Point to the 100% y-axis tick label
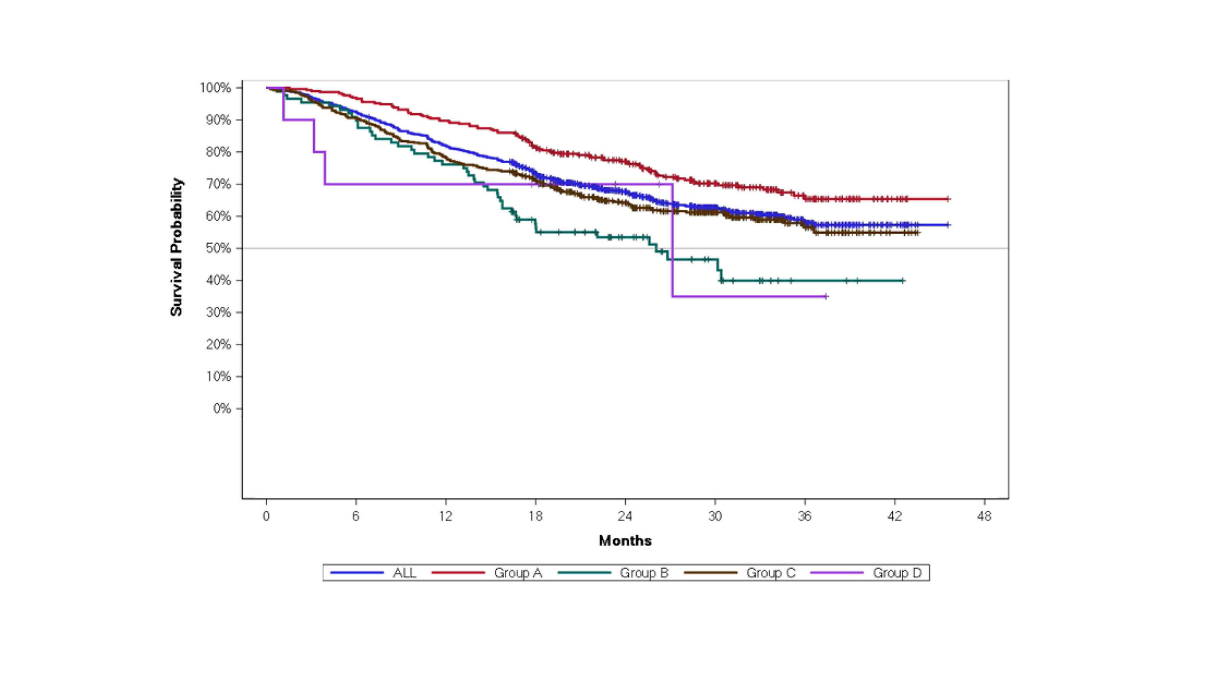pyautogui.click(x=216, y=88)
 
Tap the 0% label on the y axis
pyautogui.click(x=222, y=409)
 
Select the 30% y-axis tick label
pyautogui.click(x=218, y=312)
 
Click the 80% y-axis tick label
pyautogui.click(x=218, y=152)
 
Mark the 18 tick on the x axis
pyautogui.click(x=535, y=516)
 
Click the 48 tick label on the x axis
pyautogui.click(x=984, y=516)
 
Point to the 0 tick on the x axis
pyautogui.click(x=266, y=516)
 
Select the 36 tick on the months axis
pyautogui.click(x=805, y=516)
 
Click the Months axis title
pyautogui.click(x=625, y=540)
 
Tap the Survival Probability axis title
pyautogui.click(x=176, y=247)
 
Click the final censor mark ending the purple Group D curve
pyautogui.click(x=826, y=296)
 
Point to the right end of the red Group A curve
pyautogui.click(x=948, y=199)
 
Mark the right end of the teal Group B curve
pyautogui.click(x=903, y=280)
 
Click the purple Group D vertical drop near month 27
pyautogui.click(x=672, y=242)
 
